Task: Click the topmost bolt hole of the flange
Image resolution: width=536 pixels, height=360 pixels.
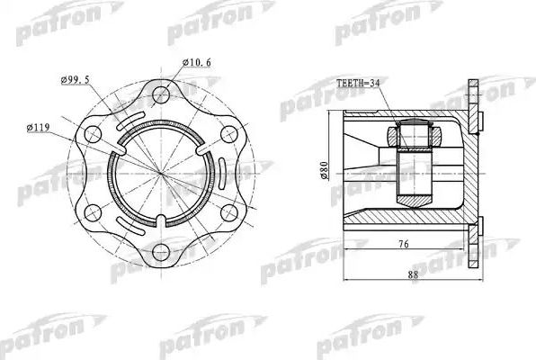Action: pos(162,94)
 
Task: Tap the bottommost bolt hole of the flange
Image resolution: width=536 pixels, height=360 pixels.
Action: pos(162,251)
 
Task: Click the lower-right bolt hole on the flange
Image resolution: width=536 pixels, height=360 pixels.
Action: pos(230,212)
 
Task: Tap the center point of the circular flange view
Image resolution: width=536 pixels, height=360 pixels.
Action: pos(162,173)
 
